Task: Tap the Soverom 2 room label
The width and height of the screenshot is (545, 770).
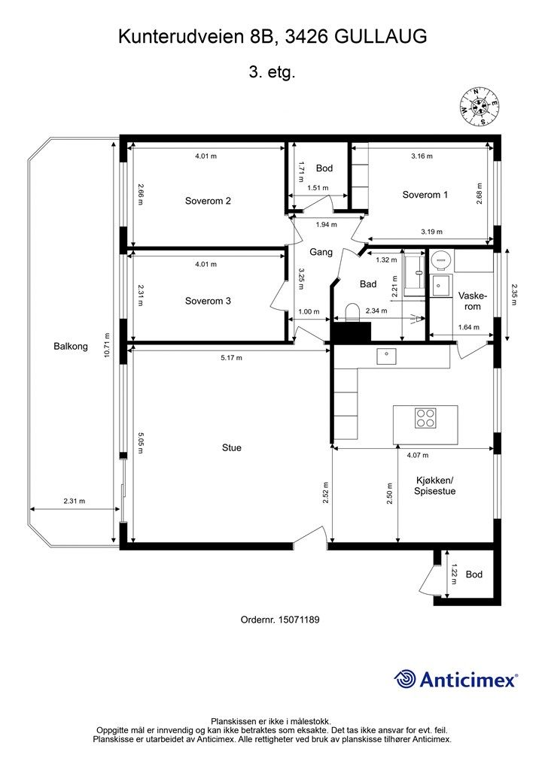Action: click(x=208, y=201)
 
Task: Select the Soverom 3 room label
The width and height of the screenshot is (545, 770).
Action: click(x=208, y=301)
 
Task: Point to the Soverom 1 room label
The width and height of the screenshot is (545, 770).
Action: click(x=425, y=195)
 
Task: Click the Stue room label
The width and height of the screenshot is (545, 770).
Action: click(x=231, y=448)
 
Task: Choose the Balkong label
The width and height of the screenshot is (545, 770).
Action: click(x=71, y=346)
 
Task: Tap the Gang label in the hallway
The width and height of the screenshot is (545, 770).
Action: click(x=321, y=253)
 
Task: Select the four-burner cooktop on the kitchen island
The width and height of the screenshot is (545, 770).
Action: click(x=425, y=418)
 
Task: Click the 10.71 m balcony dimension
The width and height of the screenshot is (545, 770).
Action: click(x=107, y=346)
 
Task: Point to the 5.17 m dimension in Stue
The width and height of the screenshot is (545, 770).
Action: click(x=231, y=358)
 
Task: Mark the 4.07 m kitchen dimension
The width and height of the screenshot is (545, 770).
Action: click(x=418, y=455)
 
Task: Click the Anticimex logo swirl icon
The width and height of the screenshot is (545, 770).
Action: click(x=405, y=679)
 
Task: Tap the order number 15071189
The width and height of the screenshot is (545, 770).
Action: click(x=299, y=620)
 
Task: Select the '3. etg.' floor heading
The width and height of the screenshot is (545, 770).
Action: click(x=272, y=73)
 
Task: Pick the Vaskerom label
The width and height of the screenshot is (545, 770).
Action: click(x=473, y=302)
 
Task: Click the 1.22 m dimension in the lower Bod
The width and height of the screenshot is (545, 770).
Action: click(x=454, y=574)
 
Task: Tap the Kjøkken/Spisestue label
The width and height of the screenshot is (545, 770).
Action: click(x=435, y=486)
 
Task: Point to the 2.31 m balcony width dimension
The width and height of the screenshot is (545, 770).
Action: click(x=75, y=502)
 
